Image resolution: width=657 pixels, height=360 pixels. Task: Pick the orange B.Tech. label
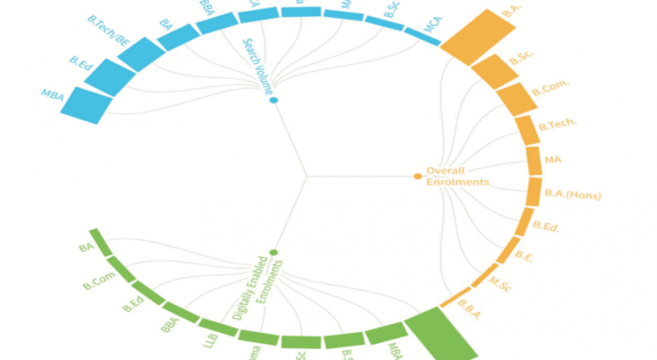click(x=557, y=125)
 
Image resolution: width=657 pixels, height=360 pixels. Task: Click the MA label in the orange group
click(x=553, y=160)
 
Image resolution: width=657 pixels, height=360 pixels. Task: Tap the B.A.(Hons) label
click(x=572, y=194)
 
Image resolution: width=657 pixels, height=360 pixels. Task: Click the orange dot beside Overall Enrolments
click(x=417, y=176)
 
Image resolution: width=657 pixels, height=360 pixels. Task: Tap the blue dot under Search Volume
click(x=273, y=100)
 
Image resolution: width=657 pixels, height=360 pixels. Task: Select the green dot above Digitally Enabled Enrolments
click(x=273, y=253)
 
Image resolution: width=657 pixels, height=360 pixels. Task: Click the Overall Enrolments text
click(x=456, y=176)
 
